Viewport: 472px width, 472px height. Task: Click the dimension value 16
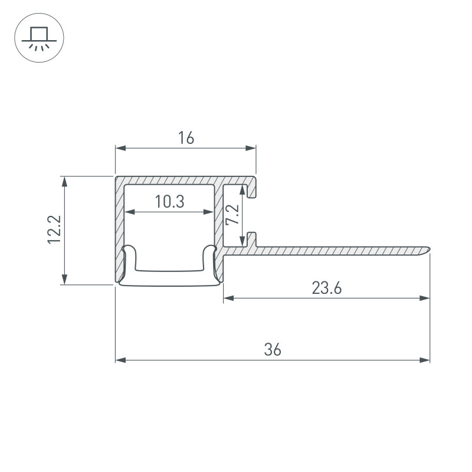(x=186, y=138)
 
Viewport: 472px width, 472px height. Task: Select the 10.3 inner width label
(x=169, y=202)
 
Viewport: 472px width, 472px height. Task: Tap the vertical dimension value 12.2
(x=54, y=230)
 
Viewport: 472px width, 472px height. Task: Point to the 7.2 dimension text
(x=232, y=215)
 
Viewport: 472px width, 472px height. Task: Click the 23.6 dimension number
(x=327, y=288)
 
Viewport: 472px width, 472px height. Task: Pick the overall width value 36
(x=273, y=350)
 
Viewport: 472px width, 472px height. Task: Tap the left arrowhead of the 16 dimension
(x=120, y=148)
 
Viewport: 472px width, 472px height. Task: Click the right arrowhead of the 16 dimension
(x=251, y=148)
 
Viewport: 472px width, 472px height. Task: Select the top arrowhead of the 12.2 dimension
(x=64, y=182)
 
